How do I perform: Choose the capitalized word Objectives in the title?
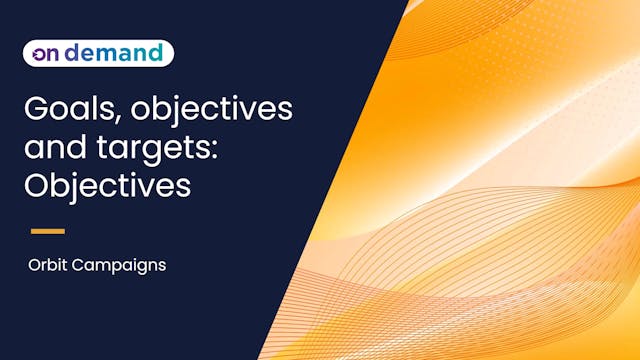click(x=109, y=187)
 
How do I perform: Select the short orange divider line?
click(x=47, y=231)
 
